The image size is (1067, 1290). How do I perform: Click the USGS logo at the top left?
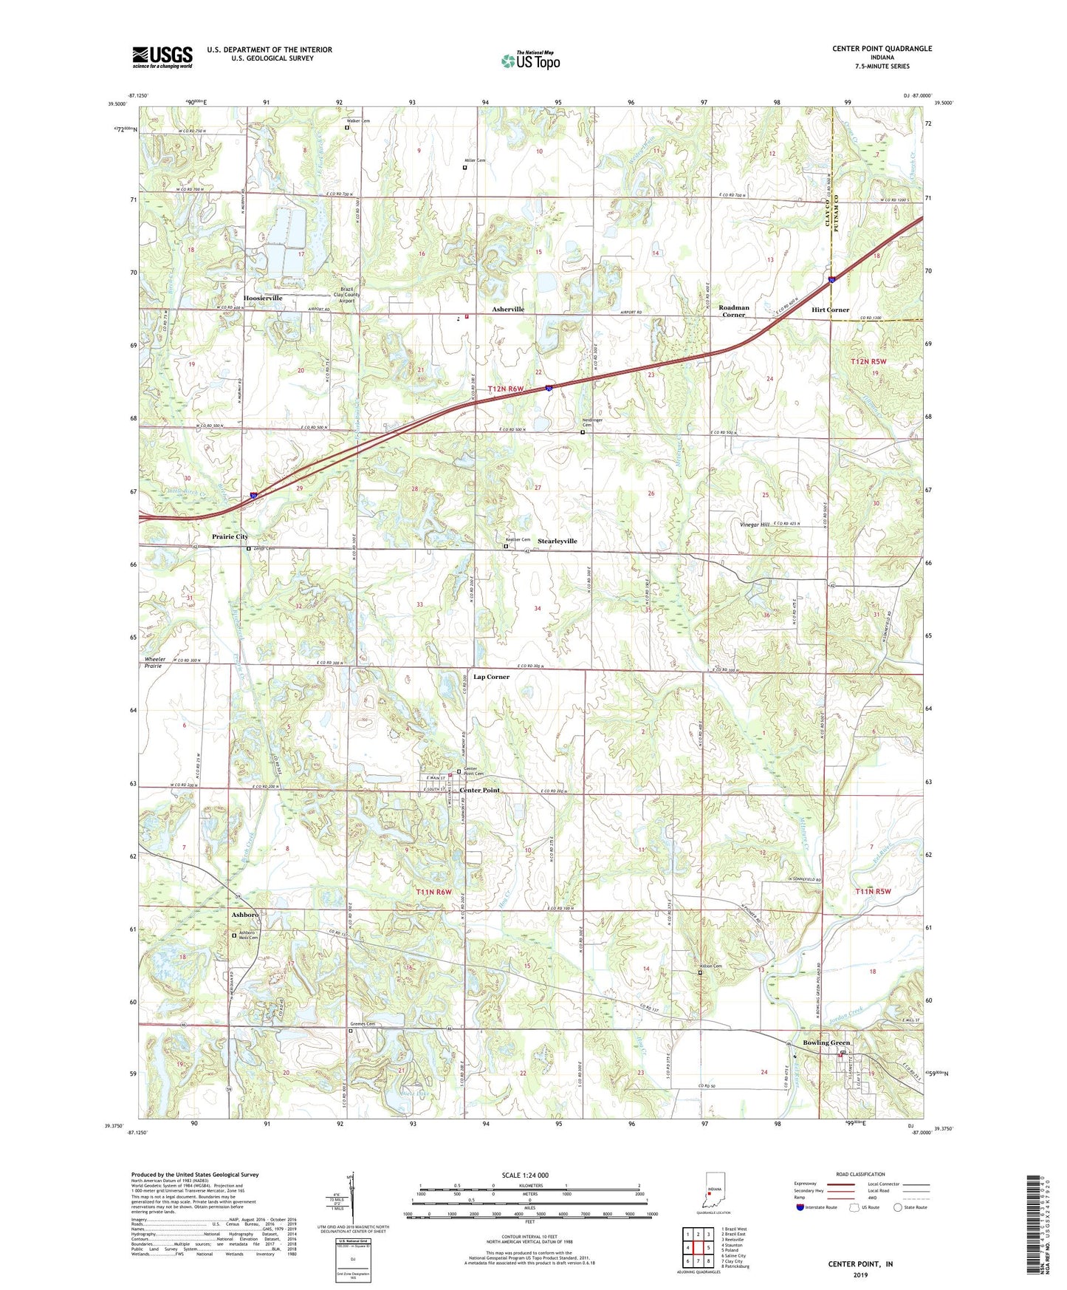click(x=162, y=57)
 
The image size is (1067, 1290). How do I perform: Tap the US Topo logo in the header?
click(x=530, y=61)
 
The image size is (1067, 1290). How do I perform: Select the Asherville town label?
click(x=508, y=309)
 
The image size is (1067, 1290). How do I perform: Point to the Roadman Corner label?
click(x=733, y=311)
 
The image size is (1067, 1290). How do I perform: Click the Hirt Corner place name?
click(x=830, y=310)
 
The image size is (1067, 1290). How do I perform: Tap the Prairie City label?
click(x=230, y=536)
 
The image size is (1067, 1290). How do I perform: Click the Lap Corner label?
click(x=491, y=677)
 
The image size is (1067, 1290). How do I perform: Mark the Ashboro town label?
click(x=245, y=915)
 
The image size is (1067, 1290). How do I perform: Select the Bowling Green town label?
click(x=826, y=1042)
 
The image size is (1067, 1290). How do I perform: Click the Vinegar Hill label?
click(x=755, y=524)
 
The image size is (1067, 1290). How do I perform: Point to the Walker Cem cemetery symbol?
click(x=347, y=127)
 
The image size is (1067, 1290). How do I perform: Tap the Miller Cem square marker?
click(x=464, y=168)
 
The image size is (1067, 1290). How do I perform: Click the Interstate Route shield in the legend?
click(x=801, y=1207)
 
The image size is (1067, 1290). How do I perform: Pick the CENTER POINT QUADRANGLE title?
click(x=882, y=49)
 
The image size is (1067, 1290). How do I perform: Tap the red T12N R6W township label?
click(x=505, y=389)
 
